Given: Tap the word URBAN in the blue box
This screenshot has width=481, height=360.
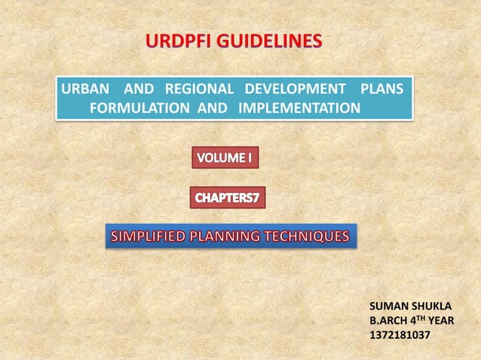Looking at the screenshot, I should tap(82, 89).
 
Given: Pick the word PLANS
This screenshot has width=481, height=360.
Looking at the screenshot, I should tap(382, 89).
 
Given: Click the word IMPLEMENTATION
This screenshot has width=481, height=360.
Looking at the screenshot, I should tap(299, 108).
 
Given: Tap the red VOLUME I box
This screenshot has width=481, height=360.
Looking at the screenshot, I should tap(224, 158).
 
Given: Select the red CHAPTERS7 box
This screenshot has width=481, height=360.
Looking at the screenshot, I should tap(226, 197).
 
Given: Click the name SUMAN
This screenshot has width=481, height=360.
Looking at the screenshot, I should tap(388, 306).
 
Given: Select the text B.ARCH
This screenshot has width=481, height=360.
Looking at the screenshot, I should tap(389, 319).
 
